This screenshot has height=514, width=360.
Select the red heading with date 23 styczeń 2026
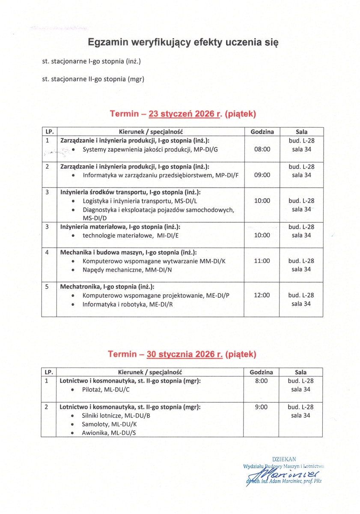[183, 114]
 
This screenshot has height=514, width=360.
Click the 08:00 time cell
[262, 149]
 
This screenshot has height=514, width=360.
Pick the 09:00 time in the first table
[262, 175]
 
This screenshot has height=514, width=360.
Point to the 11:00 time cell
[262, 260]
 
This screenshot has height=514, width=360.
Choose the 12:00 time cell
[262, 295]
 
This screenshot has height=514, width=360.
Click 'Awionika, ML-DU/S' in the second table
[109, 433]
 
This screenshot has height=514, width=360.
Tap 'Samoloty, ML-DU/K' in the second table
[110, 424]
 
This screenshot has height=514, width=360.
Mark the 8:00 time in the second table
[261, 381]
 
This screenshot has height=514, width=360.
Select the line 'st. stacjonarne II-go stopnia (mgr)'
[93, 79]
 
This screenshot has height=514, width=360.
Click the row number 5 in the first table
[47, 287]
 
